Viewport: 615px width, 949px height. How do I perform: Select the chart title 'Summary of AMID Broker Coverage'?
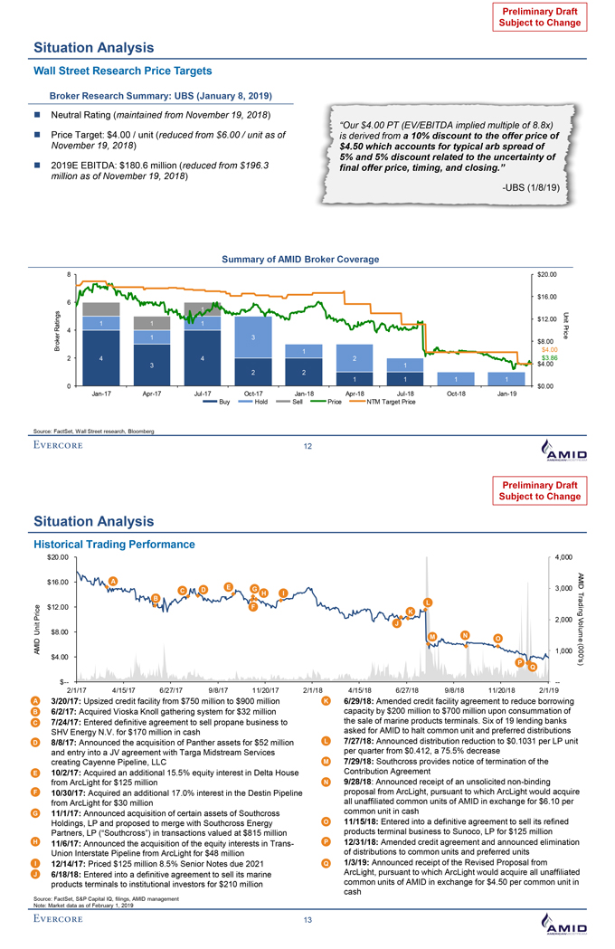coord(299,260)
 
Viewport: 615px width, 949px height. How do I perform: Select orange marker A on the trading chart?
coord(113,581)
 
